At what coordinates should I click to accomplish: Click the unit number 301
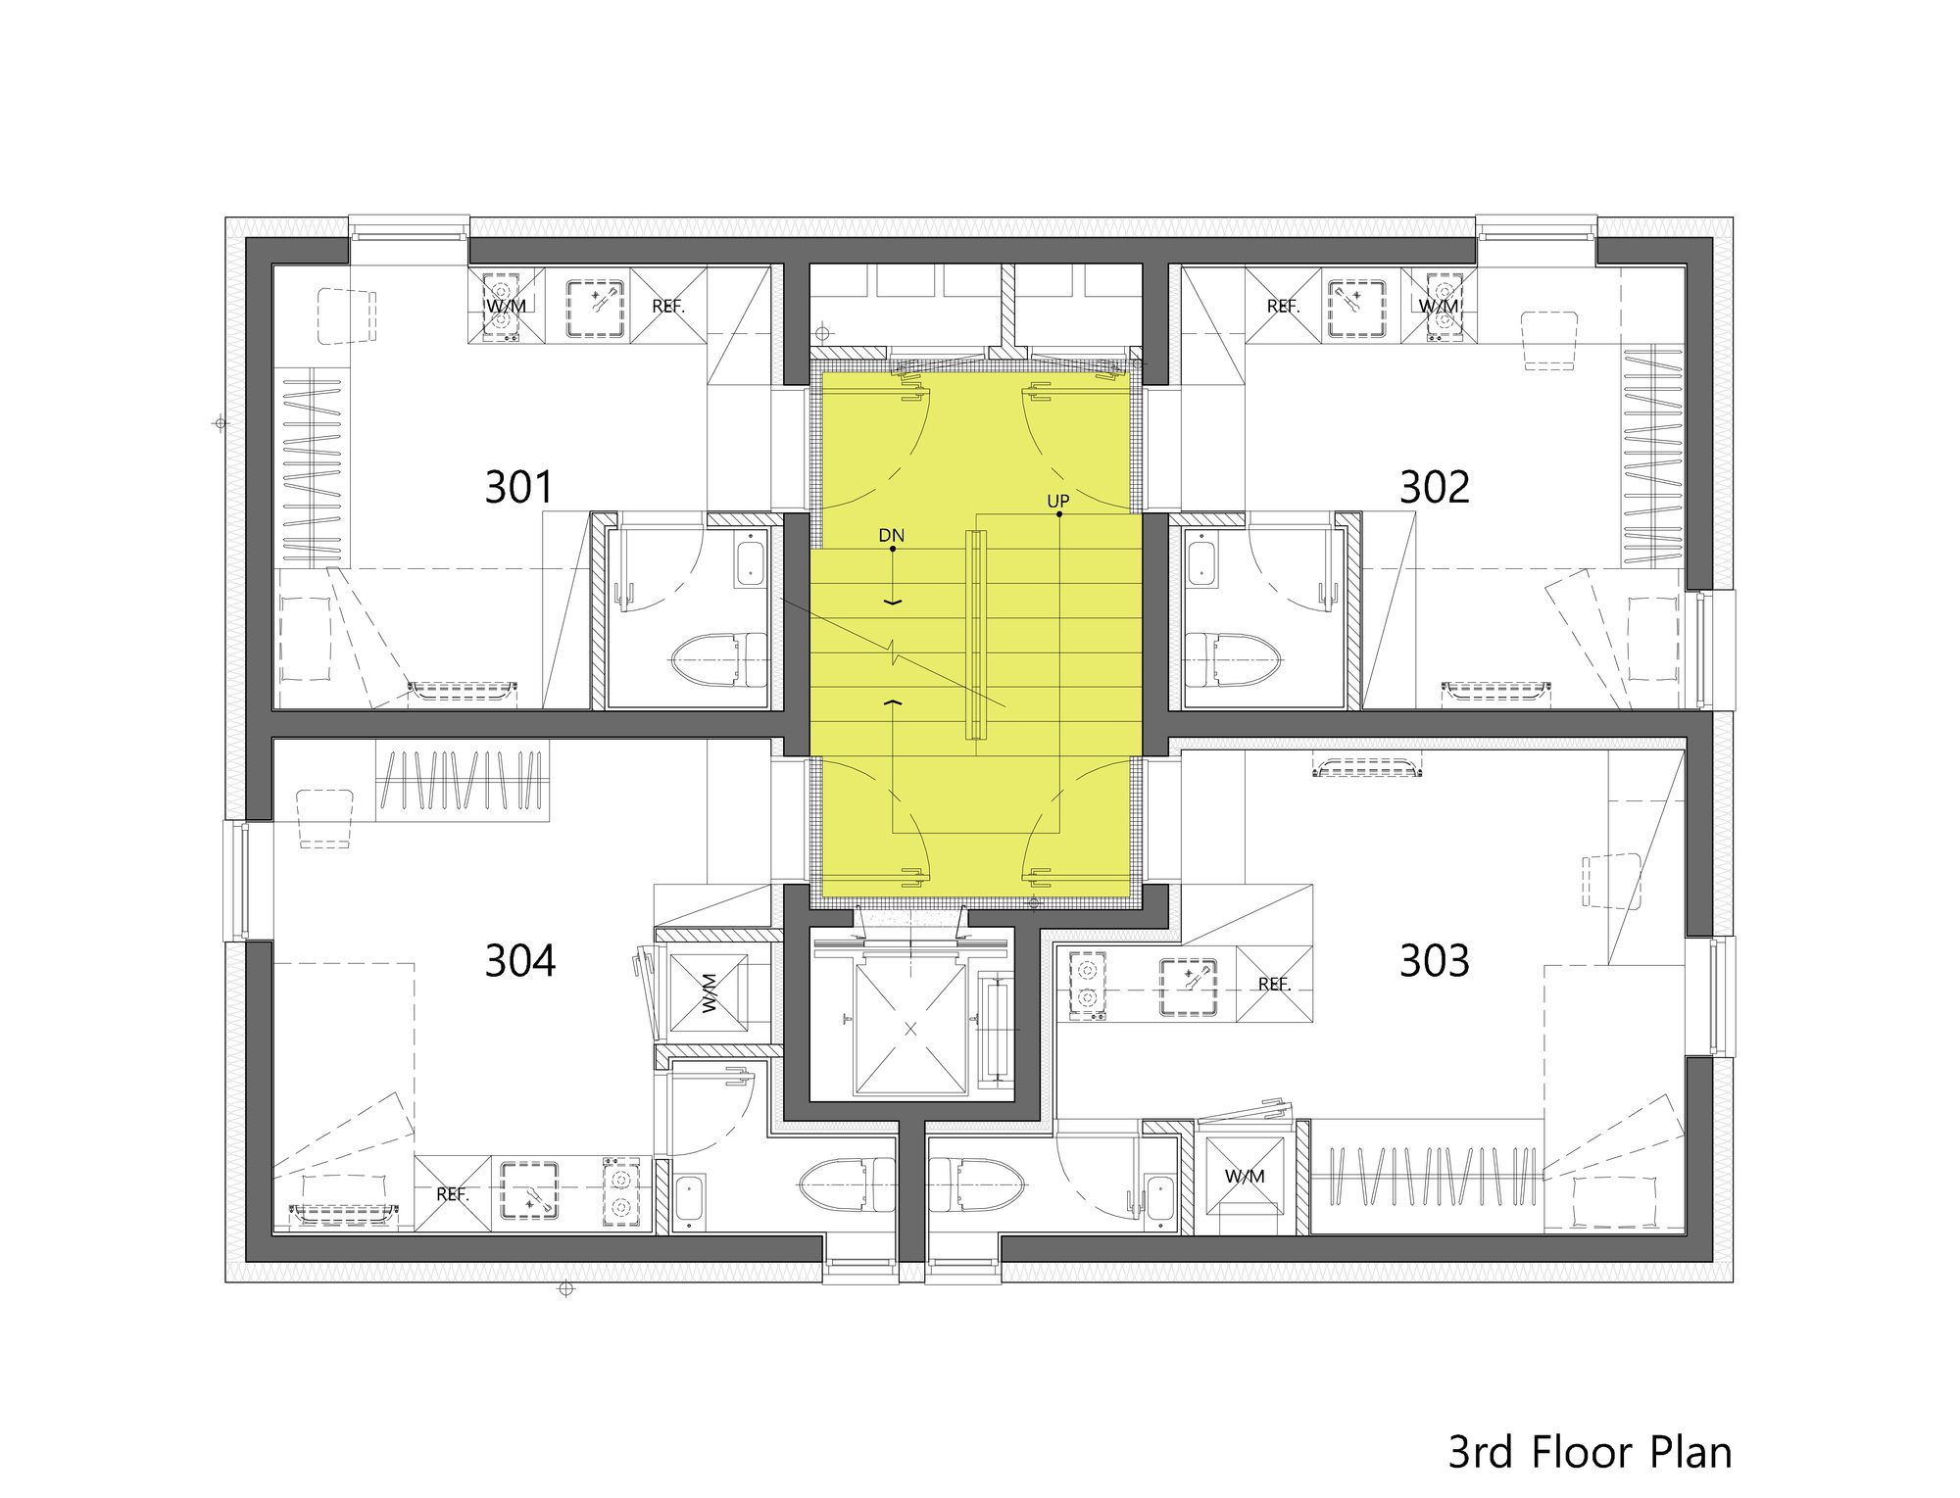point(518,487)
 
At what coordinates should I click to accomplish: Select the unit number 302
point(1434,487)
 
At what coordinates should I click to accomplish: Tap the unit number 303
point(1434,961)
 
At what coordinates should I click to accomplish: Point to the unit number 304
point(520,961)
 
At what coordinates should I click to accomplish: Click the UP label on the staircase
point(1057,502)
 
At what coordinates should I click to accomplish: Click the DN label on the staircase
point(891,536)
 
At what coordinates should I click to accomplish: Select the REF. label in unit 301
point(668,306)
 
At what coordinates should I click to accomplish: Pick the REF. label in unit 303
point(1274,984)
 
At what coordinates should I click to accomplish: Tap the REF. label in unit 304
point(452,1194)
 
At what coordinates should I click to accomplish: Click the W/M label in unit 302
point(1439,306)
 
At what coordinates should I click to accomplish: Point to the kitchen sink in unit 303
point(1189,985)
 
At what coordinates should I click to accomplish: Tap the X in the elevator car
point(910,1028)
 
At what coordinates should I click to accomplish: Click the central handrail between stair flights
point(973,634)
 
